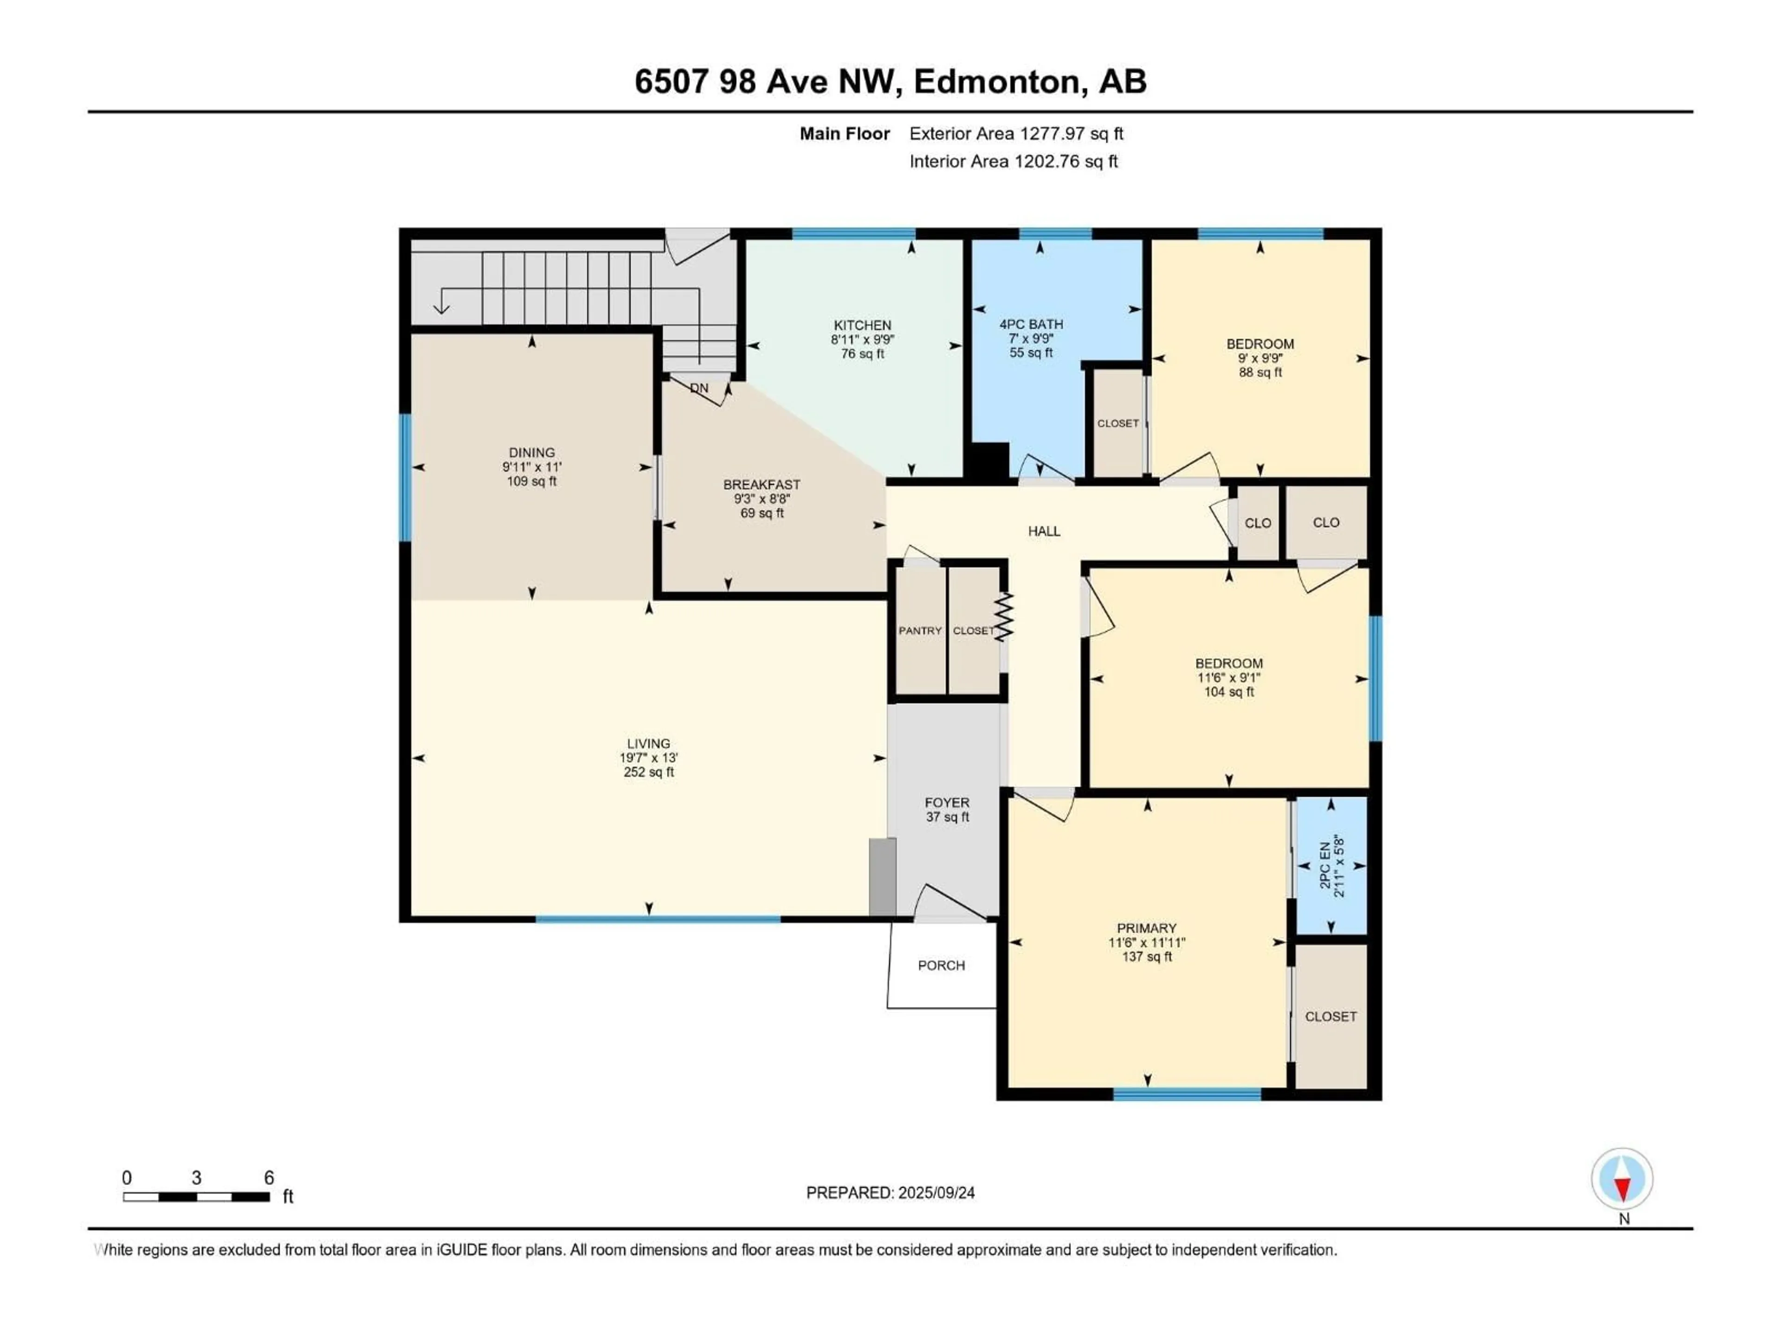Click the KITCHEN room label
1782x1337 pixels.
coord(862,325)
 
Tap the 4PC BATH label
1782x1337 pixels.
coord(1031,324)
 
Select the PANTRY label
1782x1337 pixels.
coord(920,630)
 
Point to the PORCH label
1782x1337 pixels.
coord(941,966)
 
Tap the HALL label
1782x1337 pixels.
coord(1044,531)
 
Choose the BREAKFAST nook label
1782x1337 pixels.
coord(762,484)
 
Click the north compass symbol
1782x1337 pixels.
coord(1622,1179)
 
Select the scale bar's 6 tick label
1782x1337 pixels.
coord(269,1177)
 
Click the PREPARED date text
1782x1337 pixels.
coord(890,1193)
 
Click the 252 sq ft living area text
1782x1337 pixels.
coord(648,772)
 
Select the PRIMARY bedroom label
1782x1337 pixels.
coord(1146,928)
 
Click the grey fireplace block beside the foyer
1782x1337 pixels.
coord(882,877)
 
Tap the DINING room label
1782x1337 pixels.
coord(532,453)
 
